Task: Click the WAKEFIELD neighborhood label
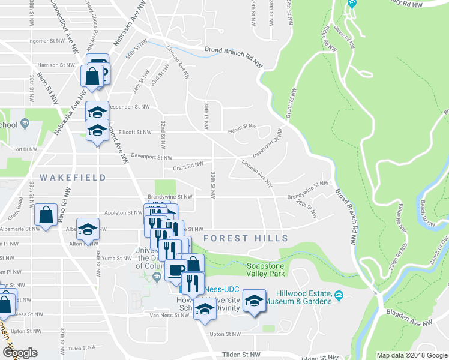point(73,178)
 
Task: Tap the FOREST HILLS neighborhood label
point(246,238)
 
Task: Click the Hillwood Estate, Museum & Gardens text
point(304,297)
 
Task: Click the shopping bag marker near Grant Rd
point(46,214)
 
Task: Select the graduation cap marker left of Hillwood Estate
point(254,300)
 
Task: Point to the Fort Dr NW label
point(25,149)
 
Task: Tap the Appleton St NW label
point(123,212)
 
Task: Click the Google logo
point(20,353)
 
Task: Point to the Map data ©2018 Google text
point(412,355)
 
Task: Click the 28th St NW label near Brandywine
point(307,209)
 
